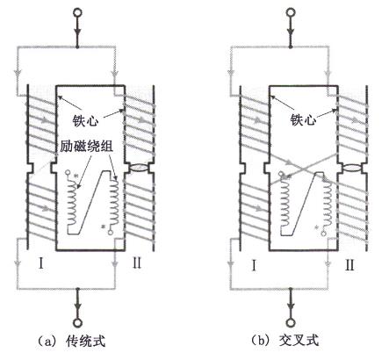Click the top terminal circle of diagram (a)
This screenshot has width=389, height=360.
(77, 12)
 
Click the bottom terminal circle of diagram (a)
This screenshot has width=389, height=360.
(78, 323)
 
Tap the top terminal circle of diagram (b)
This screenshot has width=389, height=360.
(291, 12)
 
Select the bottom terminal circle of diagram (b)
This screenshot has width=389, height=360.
(291, 323)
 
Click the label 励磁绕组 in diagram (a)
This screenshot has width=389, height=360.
(87, 146)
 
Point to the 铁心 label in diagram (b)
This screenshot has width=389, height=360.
(303, 119)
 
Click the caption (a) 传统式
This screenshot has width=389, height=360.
(72, 341)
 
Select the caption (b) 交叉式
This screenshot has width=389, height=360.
(285, 341)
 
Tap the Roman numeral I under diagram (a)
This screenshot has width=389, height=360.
(41, 264)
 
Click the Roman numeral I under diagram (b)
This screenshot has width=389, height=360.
(254, 266)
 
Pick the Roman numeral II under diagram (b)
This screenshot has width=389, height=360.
(349, 265)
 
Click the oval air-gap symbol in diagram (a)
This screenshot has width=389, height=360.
(139, 169)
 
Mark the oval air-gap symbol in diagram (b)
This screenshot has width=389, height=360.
(352, 169)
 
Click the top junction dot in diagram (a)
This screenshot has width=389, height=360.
(77, 47)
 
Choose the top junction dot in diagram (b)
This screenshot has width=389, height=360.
(291, 47)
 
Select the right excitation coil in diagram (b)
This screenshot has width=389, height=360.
(328, 202)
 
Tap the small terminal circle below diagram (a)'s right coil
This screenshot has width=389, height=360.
(111, 233)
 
